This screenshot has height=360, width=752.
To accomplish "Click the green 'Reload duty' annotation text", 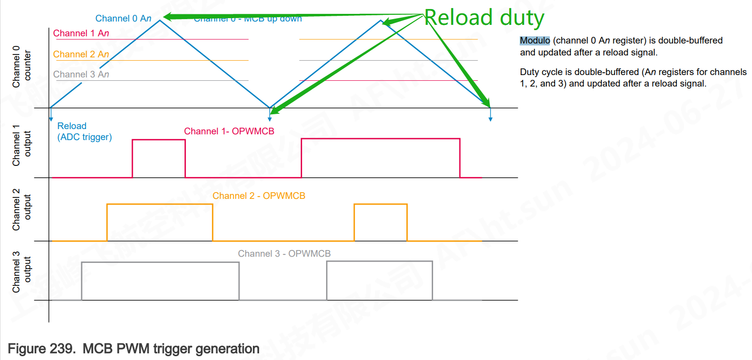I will point(484,18).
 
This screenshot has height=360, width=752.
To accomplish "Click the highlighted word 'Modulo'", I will point(534,41).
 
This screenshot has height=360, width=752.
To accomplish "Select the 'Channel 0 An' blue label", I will point(123,19).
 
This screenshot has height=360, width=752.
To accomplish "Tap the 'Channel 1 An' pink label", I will point(81,33).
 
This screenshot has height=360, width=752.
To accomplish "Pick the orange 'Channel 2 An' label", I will point(81,55).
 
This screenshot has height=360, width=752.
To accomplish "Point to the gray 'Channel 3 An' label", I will point(81,75).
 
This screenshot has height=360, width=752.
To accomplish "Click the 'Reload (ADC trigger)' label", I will point(84,131).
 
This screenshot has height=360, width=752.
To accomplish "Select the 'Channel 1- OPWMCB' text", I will point(229,131).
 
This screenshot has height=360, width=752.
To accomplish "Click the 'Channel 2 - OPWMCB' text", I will point(259,196).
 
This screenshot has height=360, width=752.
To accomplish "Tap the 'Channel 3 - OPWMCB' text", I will point(284,254).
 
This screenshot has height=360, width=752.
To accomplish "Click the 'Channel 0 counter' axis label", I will point(22,66).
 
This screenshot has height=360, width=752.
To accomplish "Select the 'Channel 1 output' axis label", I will point(22,145).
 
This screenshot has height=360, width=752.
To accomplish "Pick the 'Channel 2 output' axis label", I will point(22,209).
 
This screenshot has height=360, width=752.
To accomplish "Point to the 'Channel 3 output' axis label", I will point(22,272).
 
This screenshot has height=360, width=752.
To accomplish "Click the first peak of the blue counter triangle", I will point(160,21).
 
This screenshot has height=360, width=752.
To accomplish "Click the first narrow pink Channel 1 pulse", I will point(159,158).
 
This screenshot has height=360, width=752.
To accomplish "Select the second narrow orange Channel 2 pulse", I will point(381,222).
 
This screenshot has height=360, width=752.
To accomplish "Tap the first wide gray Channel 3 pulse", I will point(160,281).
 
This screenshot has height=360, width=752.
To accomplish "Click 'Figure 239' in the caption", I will point(42,349).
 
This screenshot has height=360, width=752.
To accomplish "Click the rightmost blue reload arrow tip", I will point(490,119).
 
